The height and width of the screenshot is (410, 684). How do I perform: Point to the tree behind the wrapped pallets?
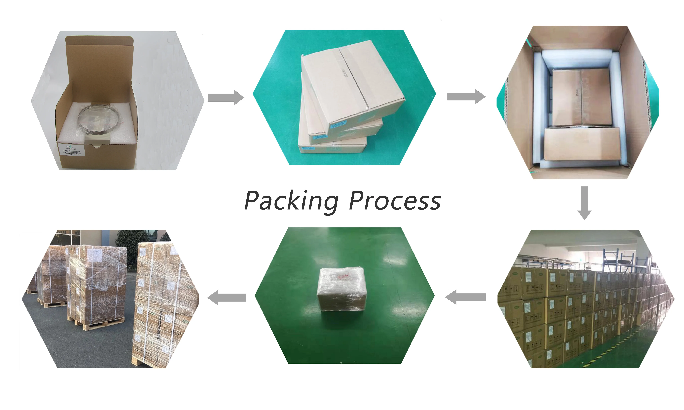(x=130, y=240)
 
